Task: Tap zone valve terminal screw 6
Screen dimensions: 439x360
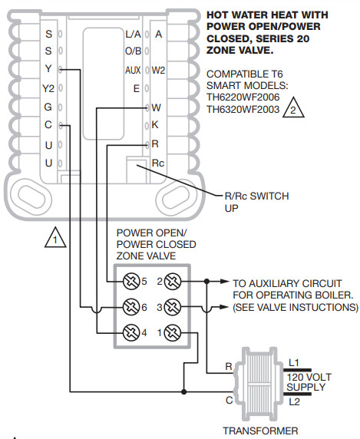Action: pos(130,307)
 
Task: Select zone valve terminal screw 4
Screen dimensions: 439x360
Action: pos(130,332)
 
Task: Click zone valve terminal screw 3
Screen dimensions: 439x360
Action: pos(173,307)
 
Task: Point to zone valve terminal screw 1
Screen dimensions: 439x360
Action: pos(173,332)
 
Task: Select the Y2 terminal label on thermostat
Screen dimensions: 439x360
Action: pos(48,89)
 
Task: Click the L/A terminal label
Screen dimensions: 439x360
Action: pos(133,35)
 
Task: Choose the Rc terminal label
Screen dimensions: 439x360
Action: pos(157,163)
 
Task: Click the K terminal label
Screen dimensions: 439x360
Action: pos(156,125)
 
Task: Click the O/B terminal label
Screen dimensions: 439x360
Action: pos(133,52)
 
